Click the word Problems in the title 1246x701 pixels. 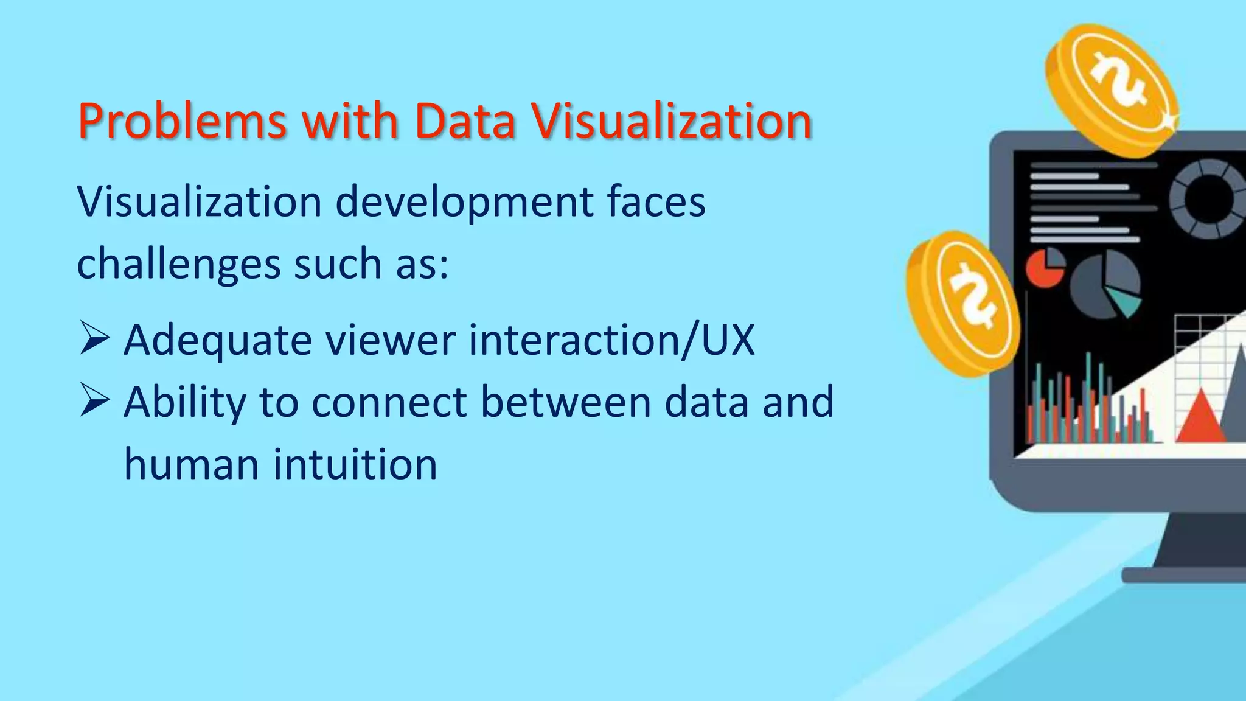coord(182,122)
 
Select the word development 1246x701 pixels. coord(464,202)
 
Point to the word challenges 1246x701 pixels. coord(179,265)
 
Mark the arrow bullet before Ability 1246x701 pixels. coord(94,401)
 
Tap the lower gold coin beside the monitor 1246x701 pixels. coord(961,302)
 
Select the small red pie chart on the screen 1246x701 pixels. coord(1045,268)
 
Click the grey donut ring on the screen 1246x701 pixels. coord(1208,199)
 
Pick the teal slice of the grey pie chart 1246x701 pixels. coord(1124,300)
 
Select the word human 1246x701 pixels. coord(192,465)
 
